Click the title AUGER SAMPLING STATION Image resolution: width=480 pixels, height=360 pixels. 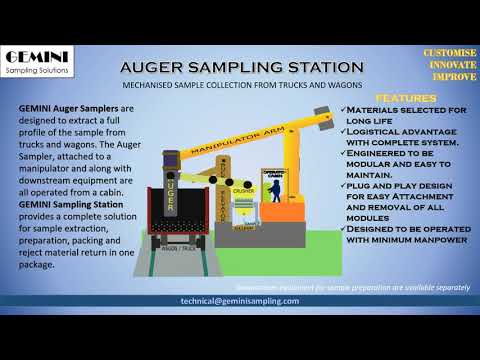click(241, 67)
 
